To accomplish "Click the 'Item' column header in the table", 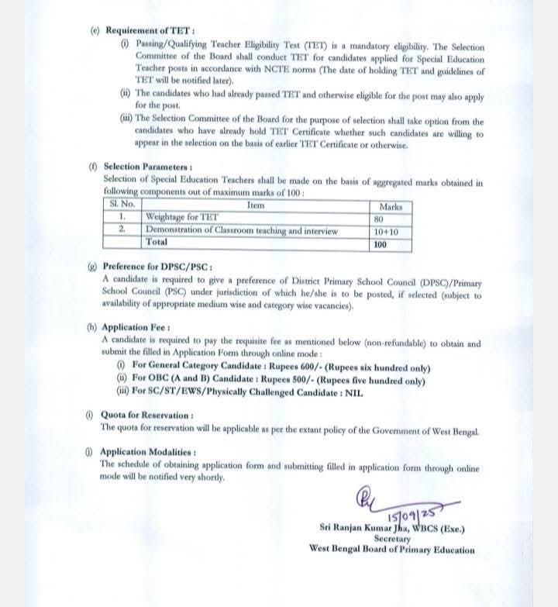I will (x=255, y=205).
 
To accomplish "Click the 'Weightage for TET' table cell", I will (x=182, y=218).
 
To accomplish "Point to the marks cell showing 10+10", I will (x=385, y=231).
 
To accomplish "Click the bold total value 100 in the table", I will (x=380, y=243).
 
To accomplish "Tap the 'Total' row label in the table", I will (x=157, y=242).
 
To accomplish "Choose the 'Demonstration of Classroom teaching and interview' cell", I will (x=241, y=230).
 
